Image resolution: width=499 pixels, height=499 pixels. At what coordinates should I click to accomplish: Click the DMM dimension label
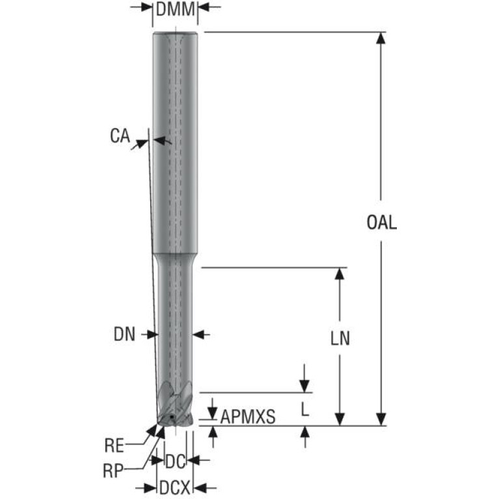click(x=175, y=9)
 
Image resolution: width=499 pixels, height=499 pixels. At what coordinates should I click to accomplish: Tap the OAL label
click(x=382, y=222)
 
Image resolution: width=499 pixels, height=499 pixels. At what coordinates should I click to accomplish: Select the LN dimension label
click(x=340, y=338)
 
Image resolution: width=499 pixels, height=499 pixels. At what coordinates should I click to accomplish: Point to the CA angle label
click(x=120, y=135)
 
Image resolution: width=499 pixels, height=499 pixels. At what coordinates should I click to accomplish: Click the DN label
click(x=124, y=334)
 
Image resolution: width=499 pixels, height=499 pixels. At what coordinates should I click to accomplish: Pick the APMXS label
click(x=248, y=416)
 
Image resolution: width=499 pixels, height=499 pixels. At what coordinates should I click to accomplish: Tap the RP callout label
click(x=113, y=470)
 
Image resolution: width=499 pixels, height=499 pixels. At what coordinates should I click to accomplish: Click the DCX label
click(x=175, y=487)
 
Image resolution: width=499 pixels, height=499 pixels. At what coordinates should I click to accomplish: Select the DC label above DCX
click(x=175, y=461)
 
